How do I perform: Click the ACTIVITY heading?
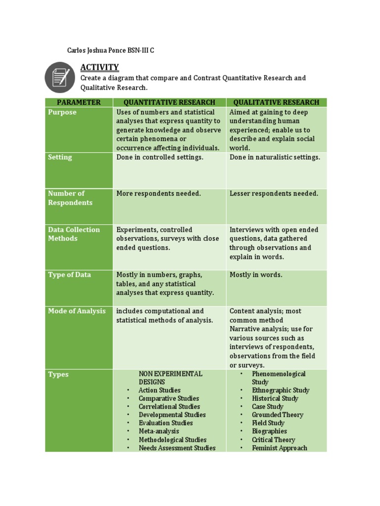[99, 67]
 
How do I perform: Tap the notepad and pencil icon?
[60, 77]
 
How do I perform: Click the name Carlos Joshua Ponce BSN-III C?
[111, 51]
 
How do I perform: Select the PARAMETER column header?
[79, 102]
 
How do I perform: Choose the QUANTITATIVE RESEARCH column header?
[169, 102]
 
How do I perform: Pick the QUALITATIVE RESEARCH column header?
[276, 102]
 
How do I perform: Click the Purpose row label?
[62, 112]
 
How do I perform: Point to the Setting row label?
[60, 157]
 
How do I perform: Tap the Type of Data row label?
[69, 275]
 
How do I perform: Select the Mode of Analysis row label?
[77, 311]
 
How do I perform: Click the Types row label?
[58, 375]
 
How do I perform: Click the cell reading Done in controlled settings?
[160, 157]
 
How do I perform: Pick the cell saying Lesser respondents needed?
[274, 193]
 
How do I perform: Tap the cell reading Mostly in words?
[256, 275]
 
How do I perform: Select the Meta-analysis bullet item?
[159, 431]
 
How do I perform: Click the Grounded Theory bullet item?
[278, 415]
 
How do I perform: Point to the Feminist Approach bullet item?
[280, 448]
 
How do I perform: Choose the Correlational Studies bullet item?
[169, 407]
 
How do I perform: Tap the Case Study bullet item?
[268, 407]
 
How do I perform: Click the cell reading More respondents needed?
[158, 193]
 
